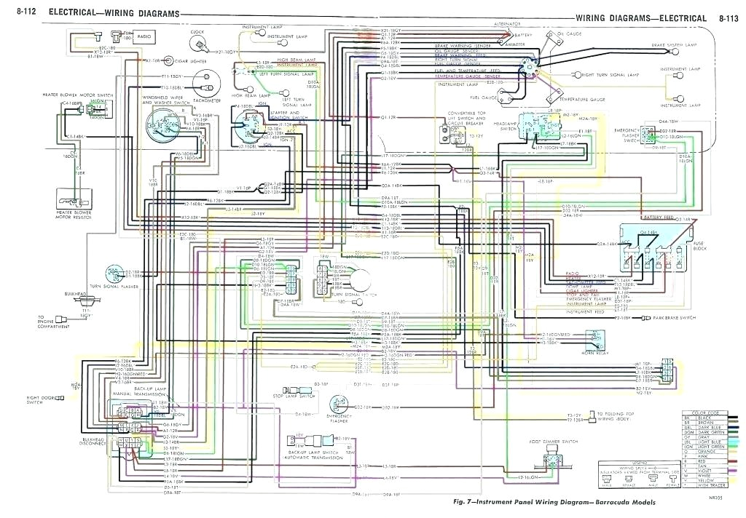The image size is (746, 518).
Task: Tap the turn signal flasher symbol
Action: pos(114,274)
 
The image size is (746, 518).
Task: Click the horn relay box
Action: pos(600,337)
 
